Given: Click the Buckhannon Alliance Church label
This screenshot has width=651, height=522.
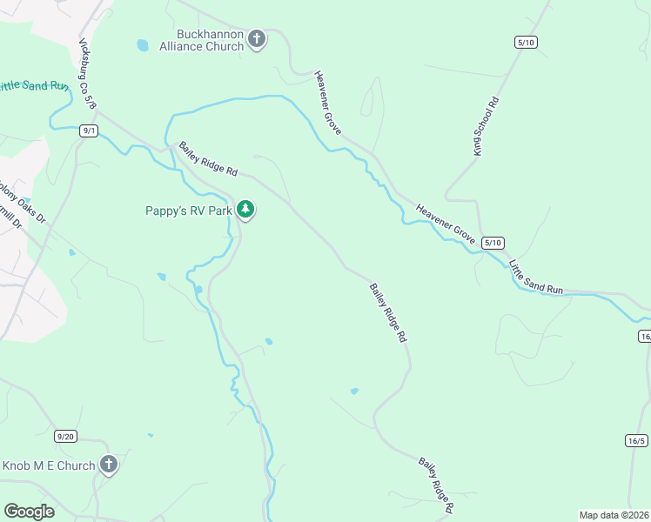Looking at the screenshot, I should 201,40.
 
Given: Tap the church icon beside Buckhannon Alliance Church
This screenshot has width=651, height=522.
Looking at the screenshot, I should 256,39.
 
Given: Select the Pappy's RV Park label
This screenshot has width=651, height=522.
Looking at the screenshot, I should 188,211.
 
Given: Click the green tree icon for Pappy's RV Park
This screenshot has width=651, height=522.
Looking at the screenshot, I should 246,210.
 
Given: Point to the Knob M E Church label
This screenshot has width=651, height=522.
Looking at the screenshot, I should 48,465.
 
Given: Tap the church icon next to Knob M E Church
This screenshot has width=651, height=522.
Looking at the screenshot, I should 108,465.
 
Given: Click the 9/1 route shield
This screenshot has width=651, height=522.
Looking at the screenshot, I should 88,130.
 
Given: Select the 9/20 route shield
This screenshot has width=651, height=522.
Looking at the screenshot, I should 65,436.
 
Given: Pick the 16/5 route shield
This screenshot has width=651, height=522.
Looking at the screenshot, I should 636,441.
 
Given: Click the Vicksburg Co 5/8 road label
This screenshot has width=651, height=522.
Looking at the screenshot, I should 88,73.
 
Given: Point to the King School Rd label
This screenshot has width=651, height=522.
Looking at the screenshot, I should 486,126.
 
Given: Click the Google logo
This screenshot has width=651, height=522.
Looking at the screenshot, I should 29,512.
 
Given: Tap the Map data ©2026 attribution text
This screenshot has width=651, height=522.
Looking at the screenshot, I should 614,514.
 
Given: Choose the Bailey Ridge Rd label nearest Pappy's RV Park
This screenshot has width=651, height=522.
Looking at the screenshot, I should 208,159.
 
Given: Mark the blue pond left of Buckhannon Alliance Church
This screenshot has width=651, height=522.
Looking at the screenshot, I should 142,44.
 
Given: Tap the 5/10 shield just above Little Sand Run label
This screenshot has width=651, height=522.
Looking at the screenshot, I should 493,243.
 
